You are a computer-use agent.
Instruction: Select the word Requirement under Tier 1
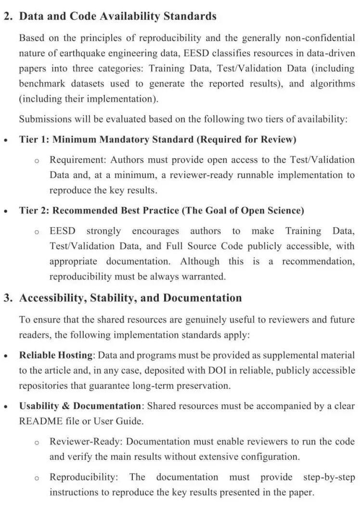click(x=78, y=160)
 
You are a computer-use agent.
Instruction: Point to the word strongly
click(x=103, y=231)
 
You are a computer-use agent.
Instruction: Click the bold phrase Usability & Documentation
click(x=79, y=406)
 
